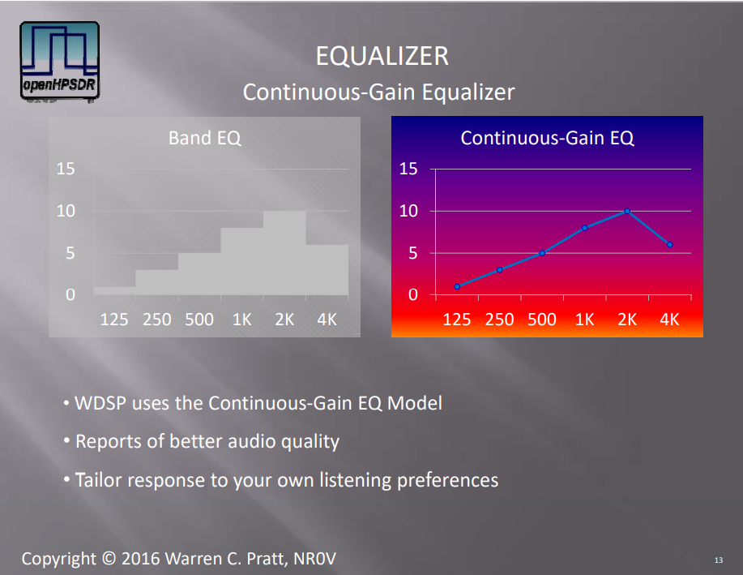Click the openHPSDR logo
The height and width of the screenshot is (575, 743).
60,61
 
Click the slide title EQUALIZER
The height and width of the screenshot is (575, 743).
382,56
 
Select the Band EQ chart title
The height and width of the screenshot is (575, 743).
205,138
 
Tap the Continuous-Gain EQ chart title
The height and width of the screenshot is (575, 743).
547,138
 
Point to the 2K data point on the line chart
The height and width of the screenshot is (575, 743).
627,211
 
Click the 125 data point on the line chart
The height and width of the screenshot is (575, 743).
457,286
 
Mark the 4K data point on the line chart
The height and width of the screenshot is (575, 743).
669,245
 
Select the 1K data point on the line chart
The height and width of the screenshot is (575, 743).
585,228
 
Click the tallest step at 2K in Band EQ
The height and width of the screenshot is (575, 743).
284,253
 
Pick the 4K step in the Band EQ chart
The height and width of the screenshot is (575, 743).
327,269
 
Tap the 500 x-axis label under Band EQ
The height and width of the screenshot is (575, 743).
199,320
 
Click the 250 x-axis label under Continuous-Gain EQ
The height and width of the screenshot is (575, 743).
499,320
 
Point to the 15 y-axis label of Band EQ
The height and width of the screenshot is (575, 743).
66,169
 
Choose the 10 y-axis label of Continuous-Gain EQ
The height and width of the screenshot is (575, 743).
408,211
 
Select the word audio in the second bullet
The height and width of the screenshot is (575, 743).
252,441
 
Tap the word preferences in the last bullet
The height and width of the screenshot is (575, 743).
448,480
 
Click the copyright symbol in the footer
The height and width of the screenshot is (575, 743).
109,559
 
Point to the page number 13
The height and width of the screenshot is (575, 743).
719,560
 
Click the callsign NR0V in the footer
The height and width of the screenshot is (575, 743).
314,559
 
